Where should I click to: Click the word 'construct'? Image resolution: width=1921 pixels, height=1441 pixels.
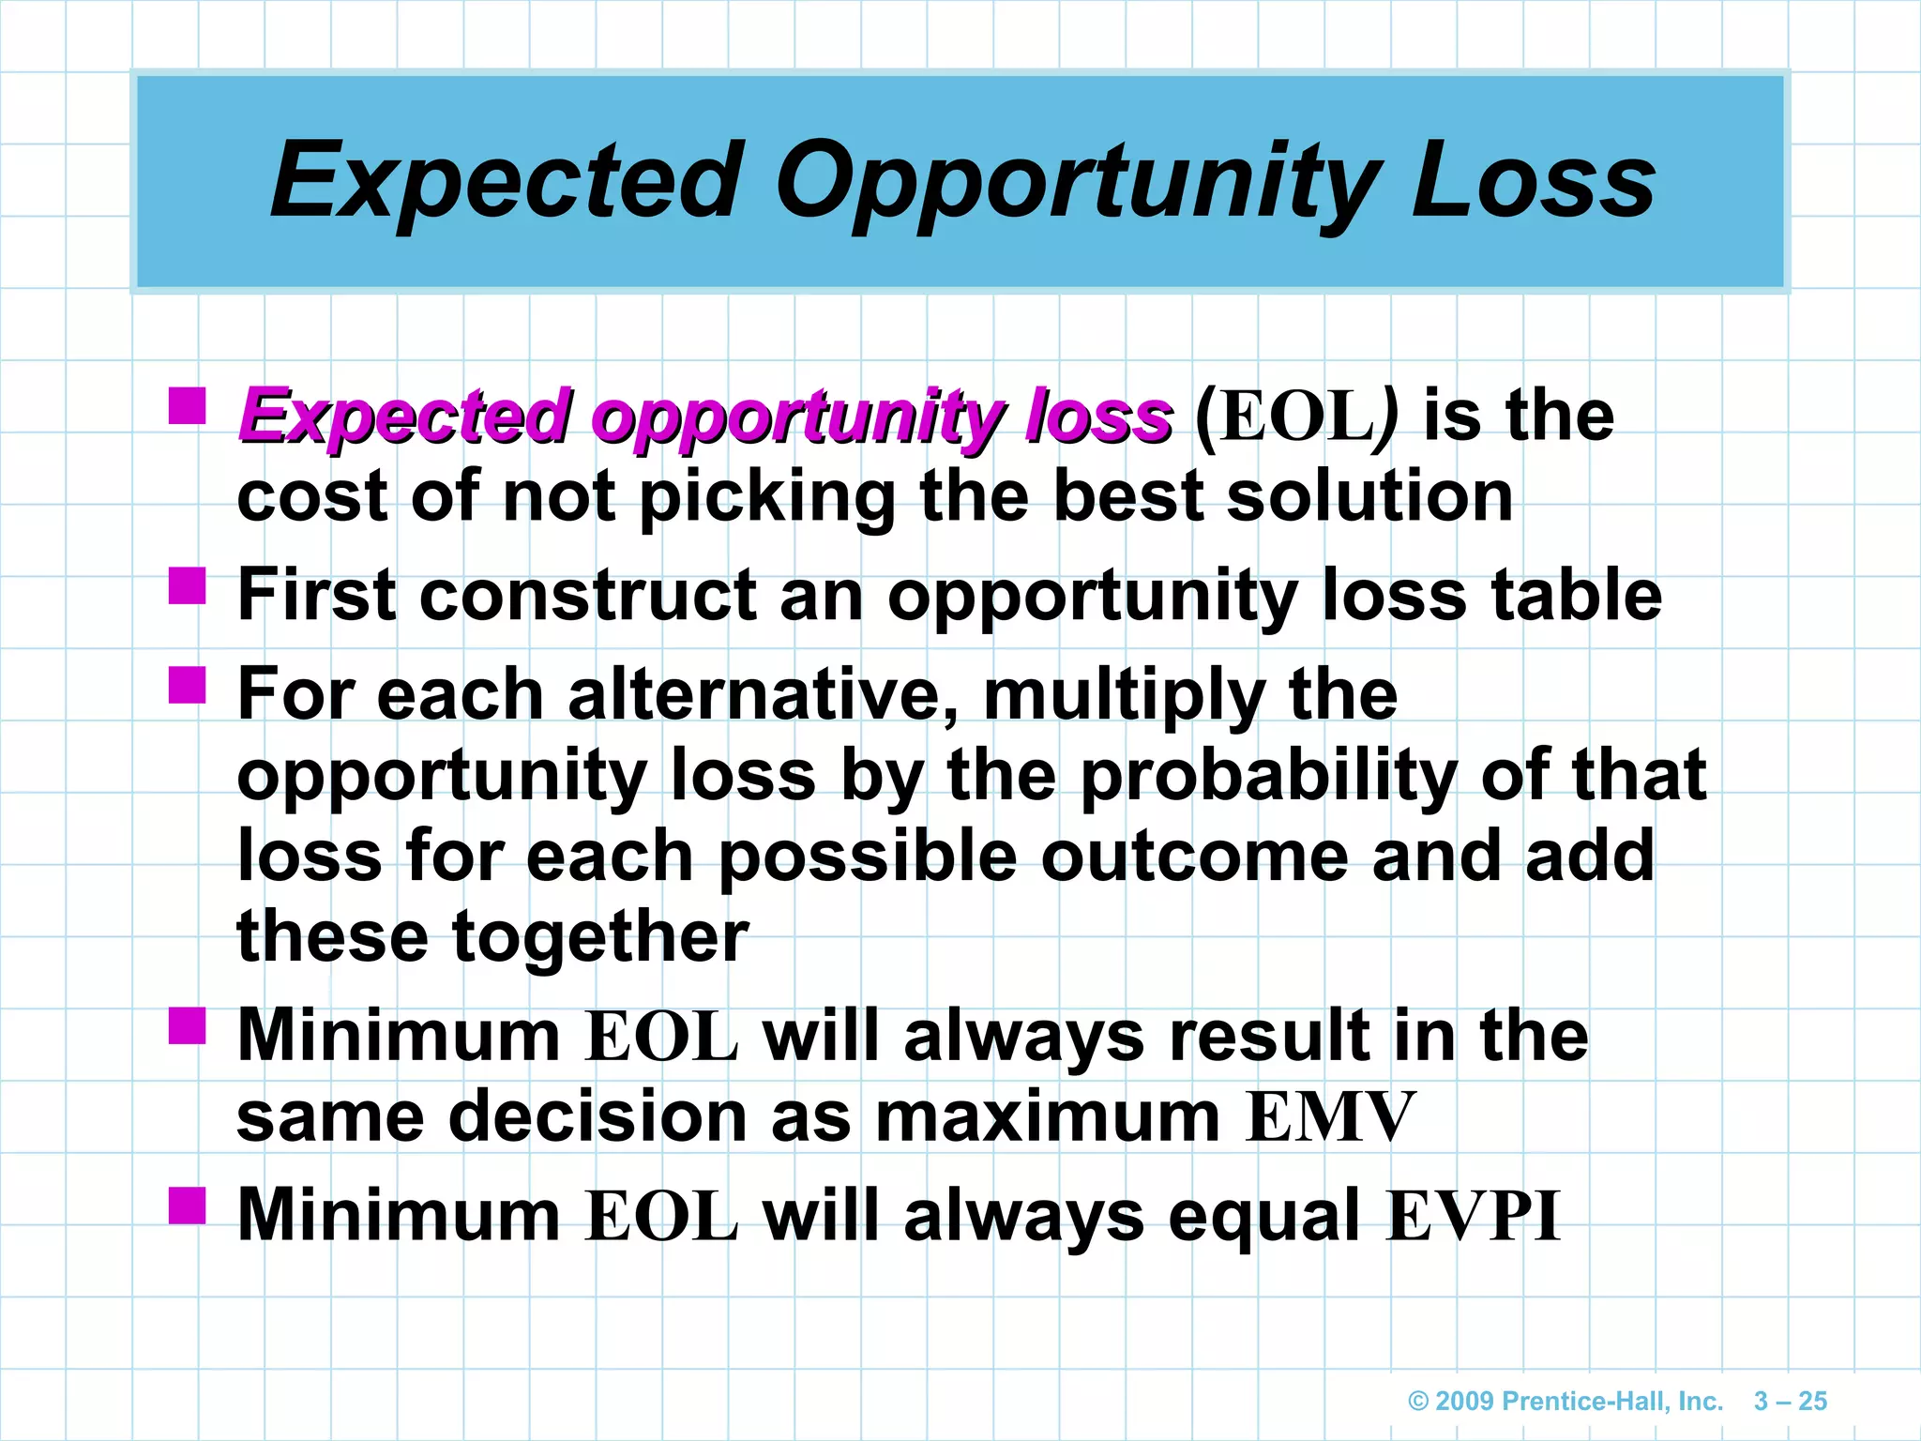point(588,595)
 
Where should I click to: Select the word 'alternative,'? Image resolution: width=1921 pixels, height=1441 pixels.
point(764,694)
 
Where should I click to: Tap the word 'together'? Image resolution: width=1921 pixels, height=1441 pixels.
point(600,938)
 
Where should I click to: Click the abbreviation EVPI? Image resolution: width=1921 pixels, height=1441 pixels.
point(1473,1216)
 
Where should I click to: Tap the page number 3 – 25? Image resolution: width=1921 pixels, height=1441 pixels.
point(1790,1401)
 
